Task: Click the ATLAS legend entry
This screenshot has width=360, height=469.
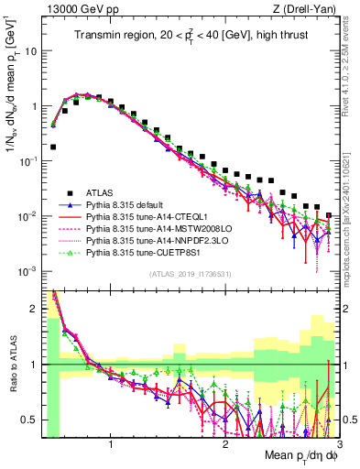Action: [x=100, y=192]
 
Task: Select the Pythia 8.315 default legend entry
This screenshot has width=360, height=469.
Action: [x=124, y=204]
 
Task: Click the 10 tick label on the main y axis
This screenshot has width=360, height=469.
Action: [x=30, y=51]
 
